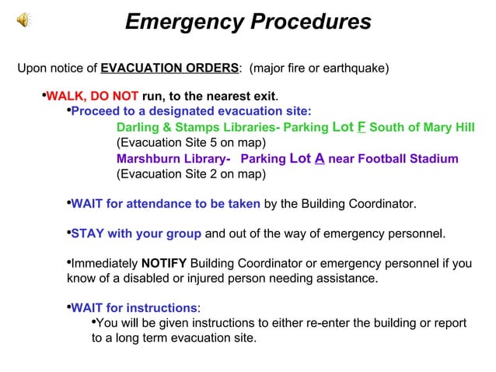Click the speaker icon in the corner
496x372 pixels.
pyautogui.click(x=25, y=21)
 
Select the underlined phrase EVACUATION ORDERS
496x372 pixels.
pyautogui.click(x=169, y=68)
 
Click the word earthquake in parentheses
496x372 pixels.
pyautogui.click(x=355, y=68)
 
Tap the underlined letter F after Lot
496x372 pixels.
pyautogui.click(x=362, y=128)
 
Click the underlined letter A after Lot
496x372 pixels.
pyautogui.click(x=319, y=158)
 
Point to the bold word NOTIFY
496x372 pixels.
pyautogui.click(x=163, y=263)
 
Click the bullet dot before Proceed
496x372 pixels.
pyautogui.click(x=67, y=111)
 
